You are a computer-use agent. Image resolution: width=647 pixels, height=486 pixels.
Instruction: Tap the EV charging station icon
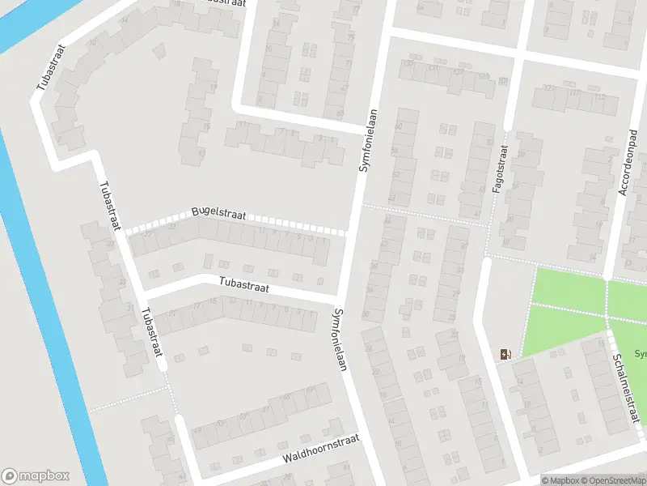point(506,353)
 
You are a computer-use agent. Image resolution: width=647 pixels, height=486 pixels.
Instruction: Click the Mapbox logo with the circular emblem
point(35,475)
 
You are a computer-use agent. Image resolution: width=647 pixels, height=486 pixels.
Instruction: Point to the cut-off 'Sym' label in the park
point(640,354)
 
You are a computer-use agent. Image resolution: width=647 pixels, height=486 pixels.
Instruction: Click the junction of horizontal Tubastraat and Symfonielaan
point(340,302)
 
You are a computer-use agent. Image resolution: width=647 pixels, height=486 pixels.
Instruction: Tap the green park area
point(566,308)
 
